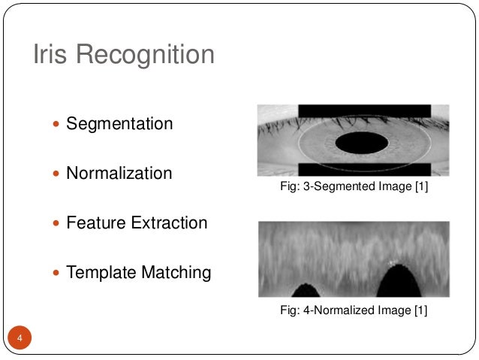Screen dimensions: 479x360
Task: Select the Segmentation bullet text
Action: (119, 123)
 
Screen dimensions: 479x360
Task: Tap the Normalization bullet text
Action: (119, 174)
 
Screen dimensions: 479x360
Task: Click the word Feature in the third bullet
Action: (92, 223)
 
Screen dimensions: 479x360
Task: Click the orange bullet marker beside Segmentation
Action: (58, 124)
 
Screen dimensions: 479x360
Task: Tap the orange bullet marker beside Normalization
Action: (58, 174)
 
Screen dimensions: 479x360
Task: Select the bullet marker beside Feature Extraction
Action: (58, 224)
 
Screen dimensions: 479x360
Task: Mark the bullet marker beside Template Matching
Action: (58, 273)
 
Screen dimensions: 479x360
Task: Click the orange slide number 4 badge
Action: (20, 339)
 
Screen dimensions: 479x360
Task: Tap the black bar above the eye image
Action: (364, 110)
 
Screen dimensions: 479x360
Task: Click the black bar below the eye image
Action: (364, 169)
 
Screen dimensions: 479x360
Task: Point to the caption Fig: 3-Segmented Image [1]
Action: (354, 186)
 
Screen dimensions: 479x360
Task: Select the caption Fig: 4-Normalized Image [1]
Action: (354, 310)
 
